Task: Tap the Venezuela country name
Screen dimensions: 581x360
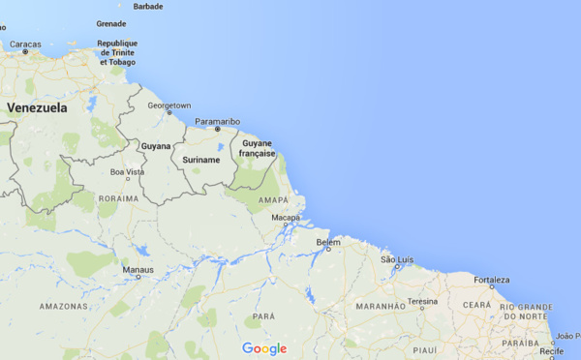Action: (37, 107)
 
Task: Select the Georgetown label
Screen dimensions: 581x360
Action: (168, 105)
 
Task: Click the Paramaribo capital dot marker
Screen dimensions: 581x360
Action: (218, 130)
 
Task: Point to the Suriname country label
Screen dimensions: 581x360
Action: (201, 160)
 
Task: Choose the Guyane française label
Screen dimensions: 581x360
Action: (259, 148)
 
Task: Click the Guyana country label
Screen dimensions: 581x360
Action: (156, 146)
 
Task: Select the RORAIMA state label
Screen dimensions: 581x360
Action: (118, 197)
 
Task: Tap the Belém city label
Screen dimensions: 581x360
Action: (329, 242)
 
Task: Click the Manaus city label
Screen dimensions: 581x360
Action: (138, 269)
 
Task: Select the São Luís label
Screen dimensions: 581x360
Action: (397, 259)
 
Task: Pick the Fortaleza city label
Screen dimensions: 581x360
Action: (492, 280)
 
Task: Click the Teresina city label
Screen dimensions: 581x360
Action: (422, 301)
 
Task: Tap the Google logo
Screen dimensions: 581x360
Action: (264, 348)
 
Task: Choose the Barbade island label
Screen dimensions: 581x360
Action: (147, 6)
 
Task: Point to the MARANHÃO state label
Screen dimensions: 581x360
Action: (380, 307)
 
